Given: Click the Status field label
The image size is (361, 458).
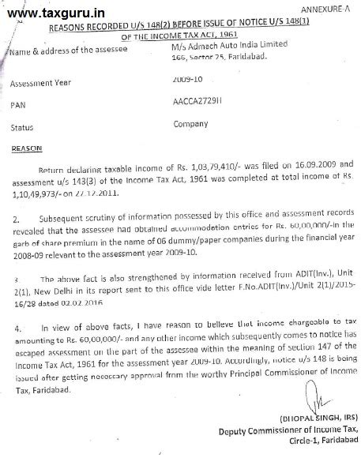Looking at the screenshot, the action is tap(23, 126).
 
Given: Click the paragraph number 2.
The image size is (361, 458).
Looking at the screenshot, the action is tap(15, 212).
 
